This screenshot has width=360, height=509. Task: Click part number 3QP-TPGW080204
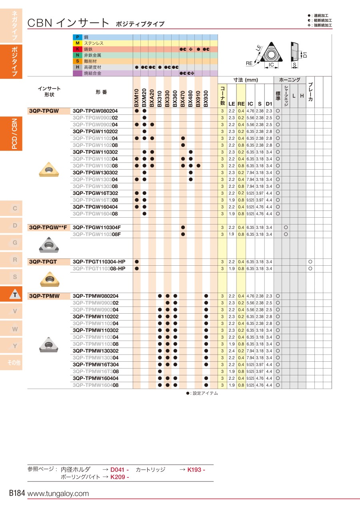tap(96, 110)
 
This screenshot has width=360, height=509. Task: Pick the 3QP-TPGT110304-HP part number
tap(99, 261)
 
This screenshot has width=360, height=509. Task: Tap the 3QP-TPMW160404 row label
tap(96, 378)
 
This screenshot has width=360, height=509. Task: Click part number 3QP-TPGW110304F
tap(97, 227)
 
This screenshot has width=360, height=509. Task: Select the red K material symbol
tap(78, 49)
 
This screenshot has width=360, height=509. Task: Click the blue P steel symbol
tap(78, 37)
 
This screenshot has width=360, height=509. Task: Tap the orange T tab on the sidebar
tap(15, 295)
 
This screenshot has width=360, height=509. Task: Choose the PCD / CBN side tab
tap(14, 134)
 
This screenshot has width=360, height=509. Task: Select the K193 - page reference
tap(196, 470)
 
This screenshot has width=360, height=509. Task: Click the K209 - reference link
tap(120, 477)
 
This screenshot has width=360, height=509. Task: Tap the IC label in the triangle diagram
tap(271, 64)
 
